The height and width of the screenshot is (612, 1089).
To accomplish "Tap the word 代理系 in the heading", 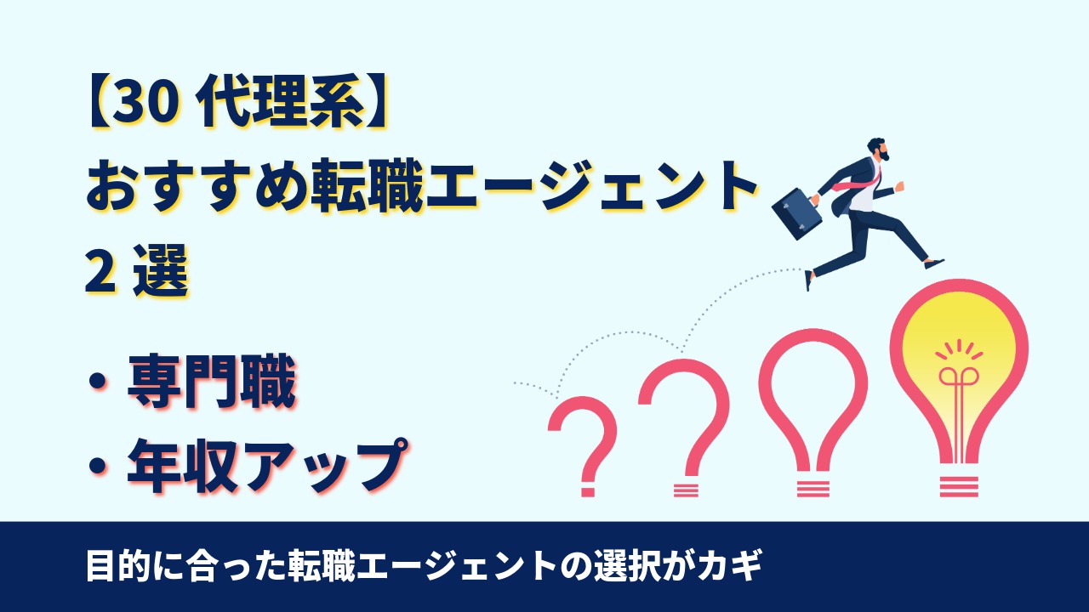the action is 281,104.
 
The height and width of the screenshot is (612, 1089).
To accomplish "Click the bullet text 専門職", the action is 211,382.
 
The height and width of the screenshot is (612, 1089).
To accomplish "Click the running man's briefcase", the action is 797,212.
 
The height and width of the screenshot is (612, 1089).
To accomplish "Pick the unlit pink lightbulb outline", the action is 813,412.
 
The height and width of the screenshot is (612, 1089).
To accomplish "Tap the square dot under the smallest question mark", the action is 588,491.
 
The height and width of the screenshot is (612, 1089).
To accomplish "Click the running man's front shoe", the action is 933,264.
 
